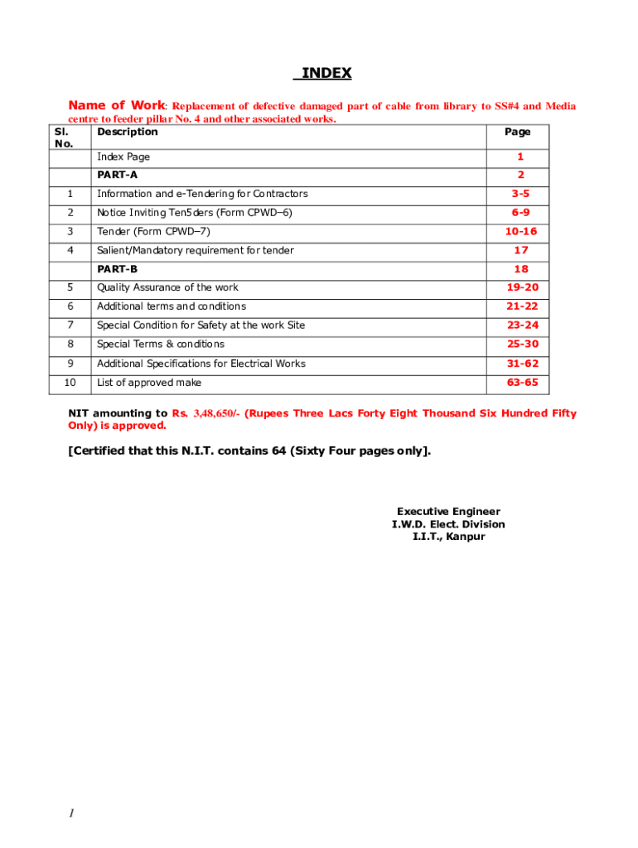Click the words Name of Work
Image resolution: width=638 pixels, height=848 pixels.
pos(117,105)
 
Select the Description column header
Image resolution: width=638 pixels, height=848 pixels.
pos(127,132)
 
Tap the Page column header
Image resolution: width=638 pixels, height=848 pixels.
pos(518,132)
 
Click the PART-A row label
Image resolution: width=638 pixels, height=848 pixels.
pos(117,175)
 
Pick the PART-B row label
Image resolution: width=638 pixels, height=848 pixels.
pos(117,269)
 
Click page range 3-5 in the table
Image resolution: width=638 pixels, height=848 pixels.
pos(520,194)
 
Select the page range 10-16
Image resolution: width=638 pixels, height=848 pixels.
pos(521,231)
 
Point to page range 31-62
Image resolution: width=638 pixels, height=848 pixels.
pos(523,364)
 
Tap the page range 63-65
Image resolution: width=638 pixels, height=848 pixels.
pos(523,383)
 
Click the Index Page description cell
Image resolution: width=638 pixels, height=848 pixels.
pos(123,157)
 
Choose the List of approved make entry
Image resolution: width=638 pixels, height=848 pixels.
pos(149,383)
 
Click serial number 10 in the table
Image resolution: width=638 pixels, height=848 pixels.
pos(70,383)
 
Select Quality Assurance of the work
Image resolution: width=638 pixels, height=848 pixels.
pos(167,287)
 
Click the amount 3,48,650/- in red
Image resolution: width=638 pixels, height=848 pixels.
pos(216,413)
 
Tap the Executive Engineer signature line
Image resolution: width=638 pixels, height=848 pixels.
pos(448,512)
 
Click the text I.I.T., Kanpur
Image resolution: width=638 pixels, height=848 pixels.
pos(448,537)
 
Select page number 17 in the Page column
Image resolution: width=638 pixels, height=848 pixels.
pos(521,250)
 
